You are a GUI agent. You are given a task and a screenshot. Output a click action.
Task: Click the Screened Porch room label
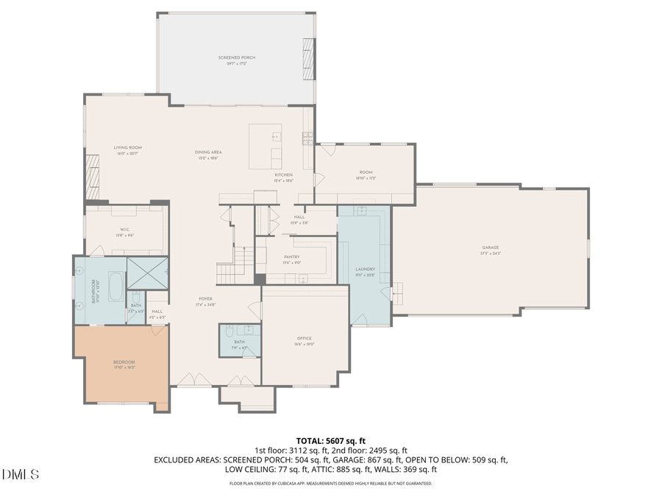click(236, 57)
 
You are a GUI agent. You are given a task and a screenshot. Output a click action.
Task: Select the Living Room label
click(127, 148)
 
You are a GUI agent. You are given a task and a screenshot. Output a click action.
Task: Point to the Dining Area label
click(208, 152)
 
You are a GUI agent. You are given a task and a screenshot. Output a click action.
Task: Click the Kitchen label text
click(284, 175)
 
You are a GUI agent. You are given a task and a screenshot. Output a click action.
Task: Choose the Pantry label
click(292, 257)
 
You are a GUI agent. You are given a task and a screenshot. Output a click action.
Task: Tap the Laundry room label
click(365, 269)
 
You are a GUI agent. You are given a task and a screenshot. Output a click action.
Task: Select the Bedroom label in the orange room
click(124, 362)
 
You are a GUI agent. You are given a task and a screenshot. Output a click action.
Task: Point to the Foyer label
click(205, 299)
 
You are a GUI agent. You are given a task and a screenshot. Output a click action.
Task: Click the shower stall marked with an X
click(147, 273)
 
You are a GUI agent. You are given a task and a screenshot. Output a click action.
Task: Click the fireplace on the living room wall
click(93, 177)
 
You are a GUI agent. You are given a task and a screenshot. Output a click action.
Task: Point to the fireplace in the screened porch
click(309, 54)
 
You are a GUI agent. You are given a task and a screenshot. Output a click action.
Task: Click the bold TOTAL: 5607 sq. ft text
click(330, 440)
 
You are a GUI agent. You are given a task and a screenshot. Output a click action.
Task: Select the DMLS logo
click(21, 474)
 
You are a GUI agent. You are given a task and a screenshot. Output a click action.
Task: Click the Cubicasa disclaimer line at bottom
click(330, 484)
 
